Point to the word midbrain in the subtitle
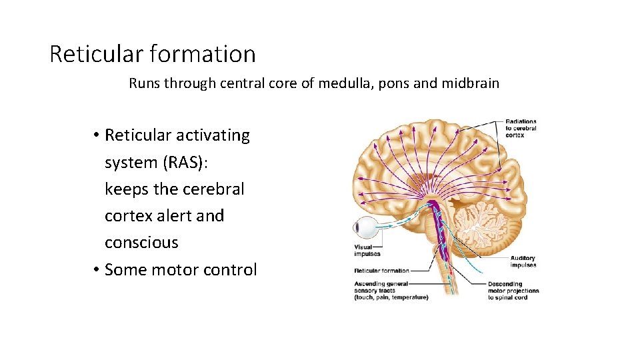pos(470,84)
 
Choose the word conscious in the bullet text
pos(141,243)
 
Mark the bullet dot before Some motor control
pos(97,270)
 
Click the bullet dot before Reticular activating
pos(97,135)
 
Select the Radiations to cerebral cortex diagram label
pos(521,129)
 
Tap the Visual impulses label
pos(367,251)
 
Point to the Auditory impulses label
pos(523,262)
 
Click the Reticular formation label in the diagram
pos(381,271)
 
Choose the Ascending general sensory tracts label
pos(391,290)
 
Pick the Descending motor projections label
pos(513,290)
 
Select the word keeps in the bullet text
pos(127,189)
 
